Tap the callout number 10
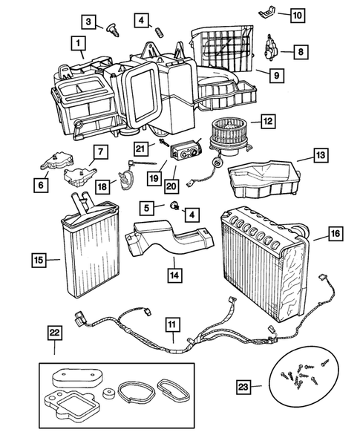pyautogui.click(x=296, y=15)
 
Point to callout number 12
pyautogui.click(x=267, y=120)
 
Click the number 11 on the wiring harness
pyautogui.click(x=171, y=324)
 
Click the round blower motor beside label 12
pyautogui.click(x=229, y=137)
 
